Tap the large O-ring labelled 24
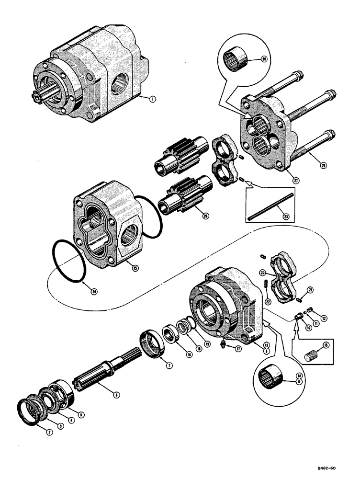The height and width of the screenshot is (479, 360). pyautogui.click(x=67, y=264)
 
